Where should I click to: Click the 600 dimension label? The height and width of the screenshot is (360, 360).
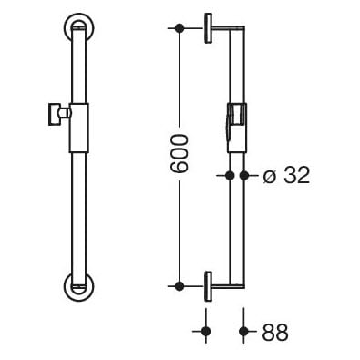[x=180, y=154]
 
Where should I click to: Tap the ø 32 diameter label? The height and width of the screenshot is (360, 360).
[x=286, y=176]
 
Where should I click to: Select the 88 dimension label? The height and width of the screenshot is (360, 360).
[x=275, y=332]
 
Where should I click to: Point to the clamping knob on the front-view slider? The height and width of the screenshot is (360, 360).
[x=58, y=114]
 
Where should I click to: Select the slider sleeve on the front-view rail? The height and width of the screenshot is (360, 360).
[x=79, y=128]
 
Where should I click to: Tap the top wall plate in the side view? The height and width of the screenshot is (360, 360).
[x=209, y=28]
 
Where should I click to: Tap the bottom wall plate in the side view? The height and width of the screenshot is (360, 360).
[x=209, y=286]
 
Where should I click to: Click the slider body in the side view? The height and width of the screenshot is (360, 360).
[x=237, y=128]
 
